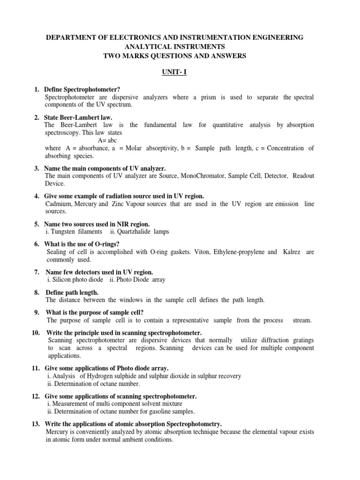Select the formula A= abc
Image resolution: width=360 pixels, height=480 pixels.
click(107, 140)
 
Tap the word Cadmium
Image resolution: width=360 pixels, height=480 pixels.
click(59, 204)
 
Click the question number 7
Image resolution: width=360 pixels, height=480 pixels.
click(36, 272)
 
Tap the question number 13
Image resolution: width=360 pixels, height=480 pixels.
click(36, 423)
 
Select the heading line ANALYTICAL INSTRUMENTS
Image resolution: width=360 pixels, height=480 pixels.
click(174, 46)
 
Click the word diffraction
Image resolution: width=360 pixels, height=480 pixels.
click(271, 340)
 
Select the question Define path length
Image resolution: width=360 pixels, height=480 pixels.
click(72, 292)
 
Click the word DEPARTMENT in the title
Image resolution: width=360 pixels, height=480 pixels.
click(70, 37)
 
